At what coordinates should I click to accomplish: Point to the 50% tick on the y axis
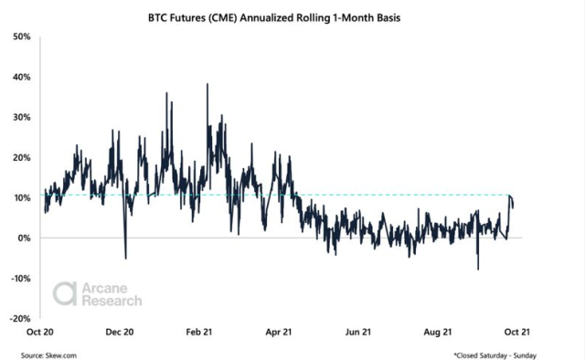pos(21,37)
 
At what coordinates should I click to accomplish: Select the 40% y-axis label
pos(21,77)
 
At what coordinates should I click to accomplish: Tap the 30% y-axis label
pos(21,117)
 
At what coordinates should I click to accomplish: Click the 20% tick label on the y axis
pos(21,157)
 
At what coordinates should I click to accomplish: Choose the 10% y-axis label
pos(21,197)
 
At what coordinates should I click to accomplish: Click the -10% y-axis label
pos(19,278)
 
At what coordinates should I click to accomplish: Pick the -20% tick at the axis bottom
pos(19,318)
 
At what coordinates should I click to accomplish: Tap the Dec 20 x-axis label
pos(122,333)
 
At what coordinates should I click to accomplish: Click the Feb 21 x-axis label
pos(201,333)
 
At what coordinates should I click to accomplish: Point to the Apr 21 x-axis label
pos(280,333)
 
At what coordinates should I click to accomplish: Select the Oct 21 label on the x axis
pos(517,333)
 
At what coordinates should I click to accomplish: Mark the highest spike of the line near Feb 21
pos(207,84)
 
